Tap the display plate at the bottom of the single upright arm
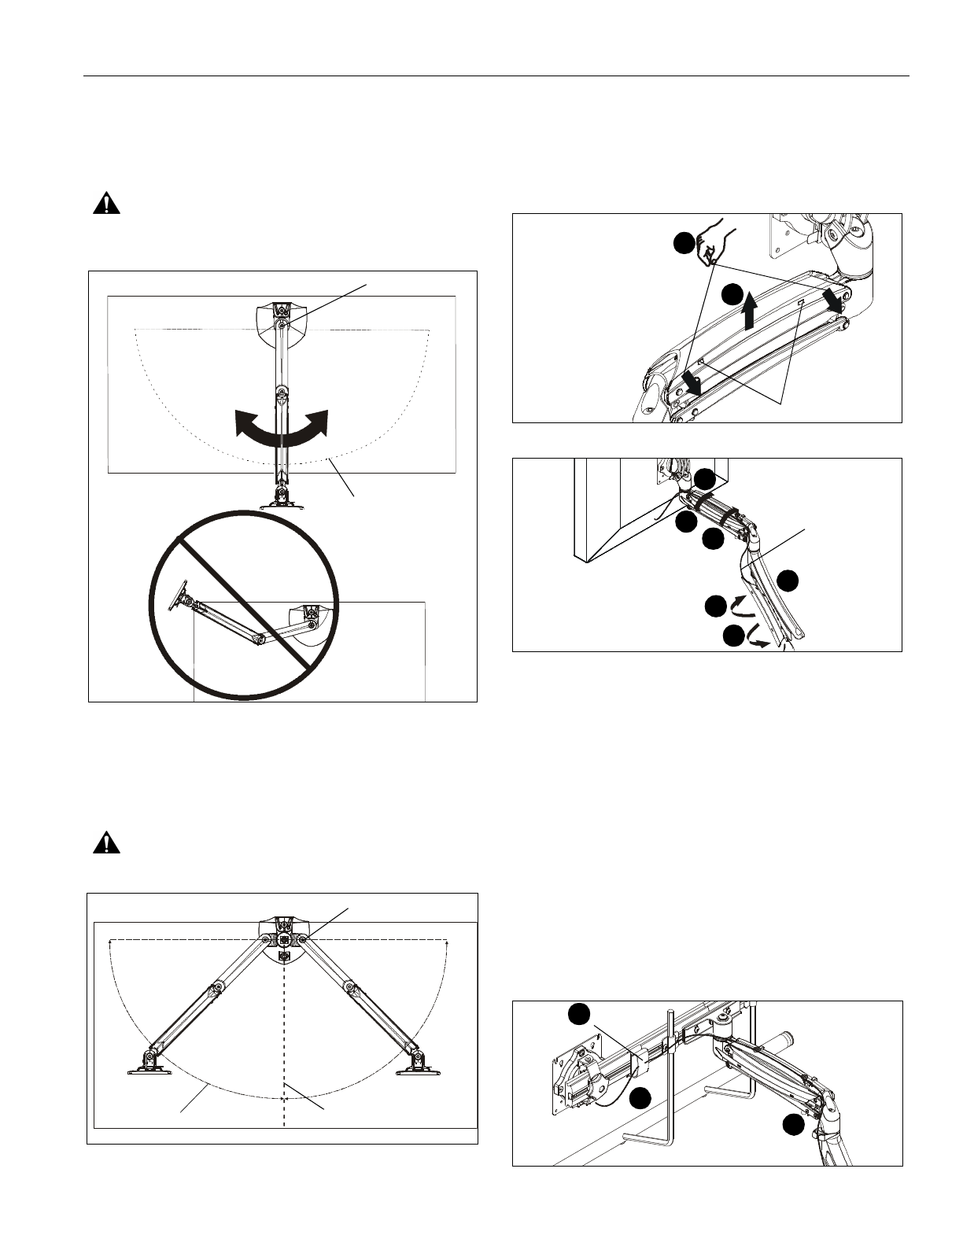point(280,498)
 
